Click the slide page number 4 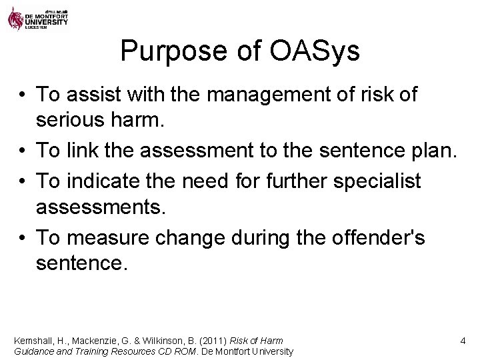tap(462, 341)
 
